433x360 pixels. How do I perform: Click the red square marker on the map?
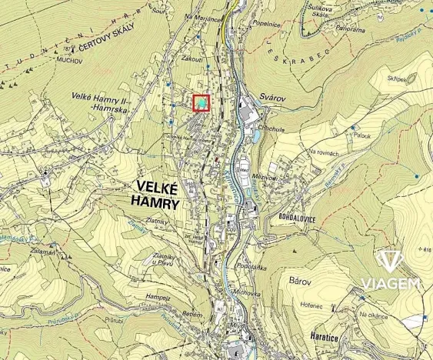pyautogui.click(x=201, y=103)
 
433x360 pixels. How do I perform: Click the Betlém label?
pyautogui.click(x=192, y=315)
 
